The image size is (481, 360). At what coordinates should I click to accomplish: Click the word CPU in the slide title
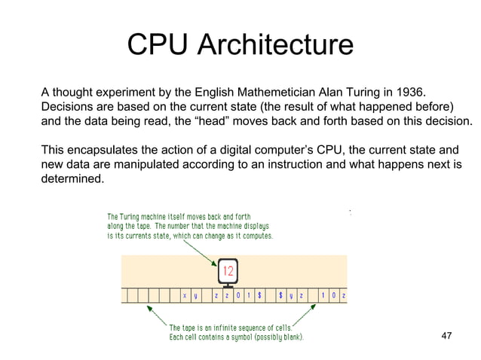[x=158, y=45]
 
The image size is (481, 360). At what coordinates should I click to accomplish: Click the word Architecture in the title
[x=274, y=45]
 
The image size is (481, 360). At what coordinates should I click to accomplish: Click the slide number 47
[x=448, y=336]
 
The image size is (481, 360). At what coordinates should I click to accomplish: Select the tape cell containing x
[x=184, y=296]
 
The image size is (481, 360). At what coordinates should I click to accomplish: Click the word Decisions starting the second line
[x=69, y=107]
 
